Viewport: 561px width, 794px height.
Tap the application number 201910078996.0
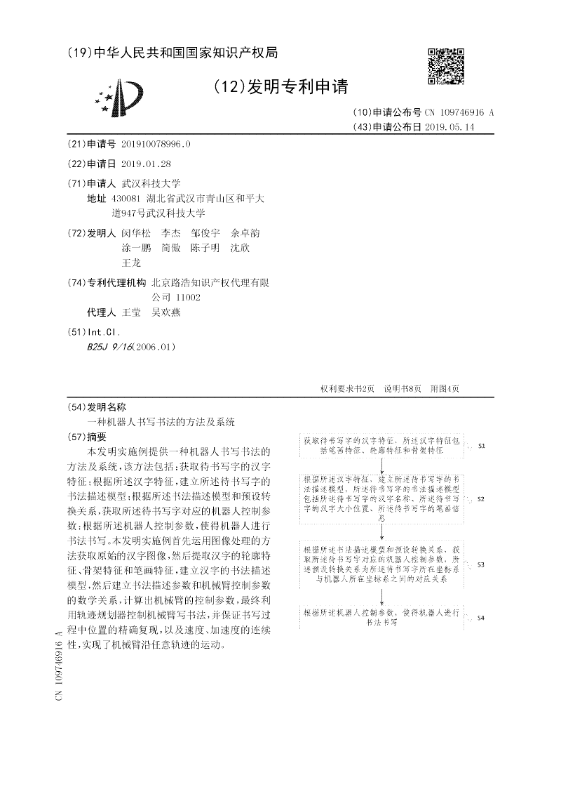[155, 144]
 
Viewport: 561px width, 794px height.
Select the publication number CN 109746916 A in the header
[459, 112]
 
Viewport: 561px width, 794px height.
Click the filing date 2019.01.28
[146, 164]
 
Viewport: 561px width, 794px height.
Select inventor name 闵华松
[136, 233]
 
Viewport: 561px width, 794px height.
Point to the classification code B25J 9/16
[106, 347]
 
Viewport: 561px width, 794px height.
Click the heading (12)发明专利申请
[280, 86]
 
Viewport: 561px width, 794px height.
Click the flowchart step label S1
[481, 446]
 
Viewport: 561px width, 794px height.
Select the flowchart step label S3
[481, 564]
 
